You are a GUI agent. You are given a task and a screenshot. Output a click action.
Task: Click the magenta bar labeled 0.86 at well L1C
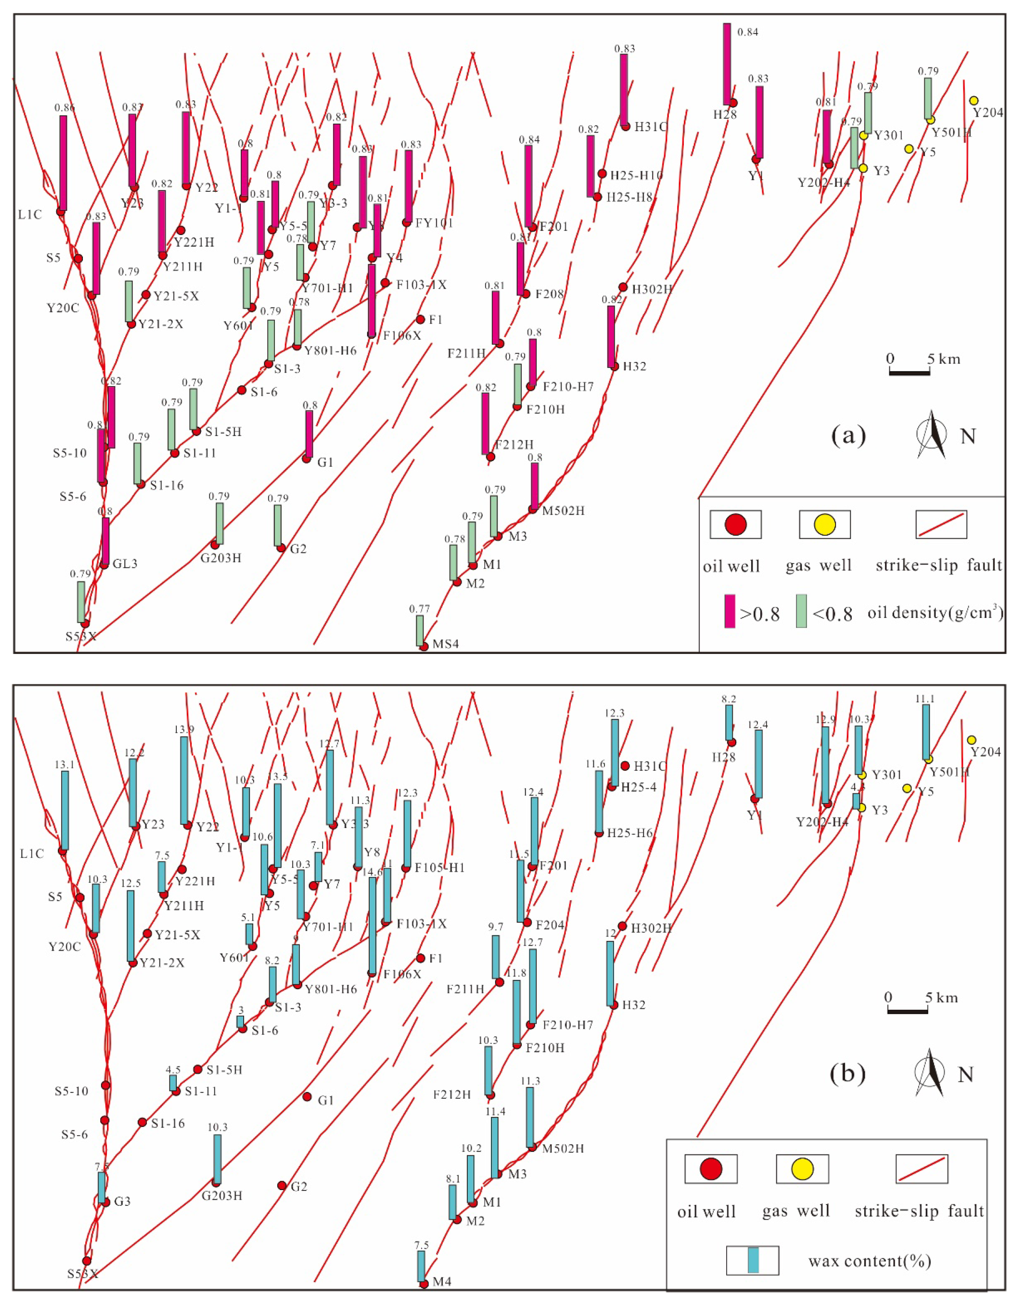63,163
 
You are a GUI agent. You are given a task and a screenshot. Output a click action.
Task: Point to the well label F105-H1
440,868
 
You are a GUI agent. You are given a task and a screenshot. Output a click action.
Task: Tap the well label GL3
125,563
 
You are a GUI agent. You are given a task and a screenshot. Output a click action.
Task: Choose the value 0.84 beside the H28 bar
748,32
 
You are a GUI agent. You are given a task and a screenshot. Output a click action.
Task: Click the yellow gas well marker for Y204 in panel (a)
974,100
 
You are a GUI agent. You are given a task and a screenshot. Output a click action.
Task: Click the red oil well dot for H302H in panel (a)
623,287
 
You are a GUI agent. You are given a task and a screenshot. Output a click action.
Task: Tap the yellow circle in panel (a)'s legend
825,524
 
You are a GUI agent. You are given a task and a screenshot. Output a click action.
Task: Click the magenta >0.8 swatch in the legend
730,611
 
